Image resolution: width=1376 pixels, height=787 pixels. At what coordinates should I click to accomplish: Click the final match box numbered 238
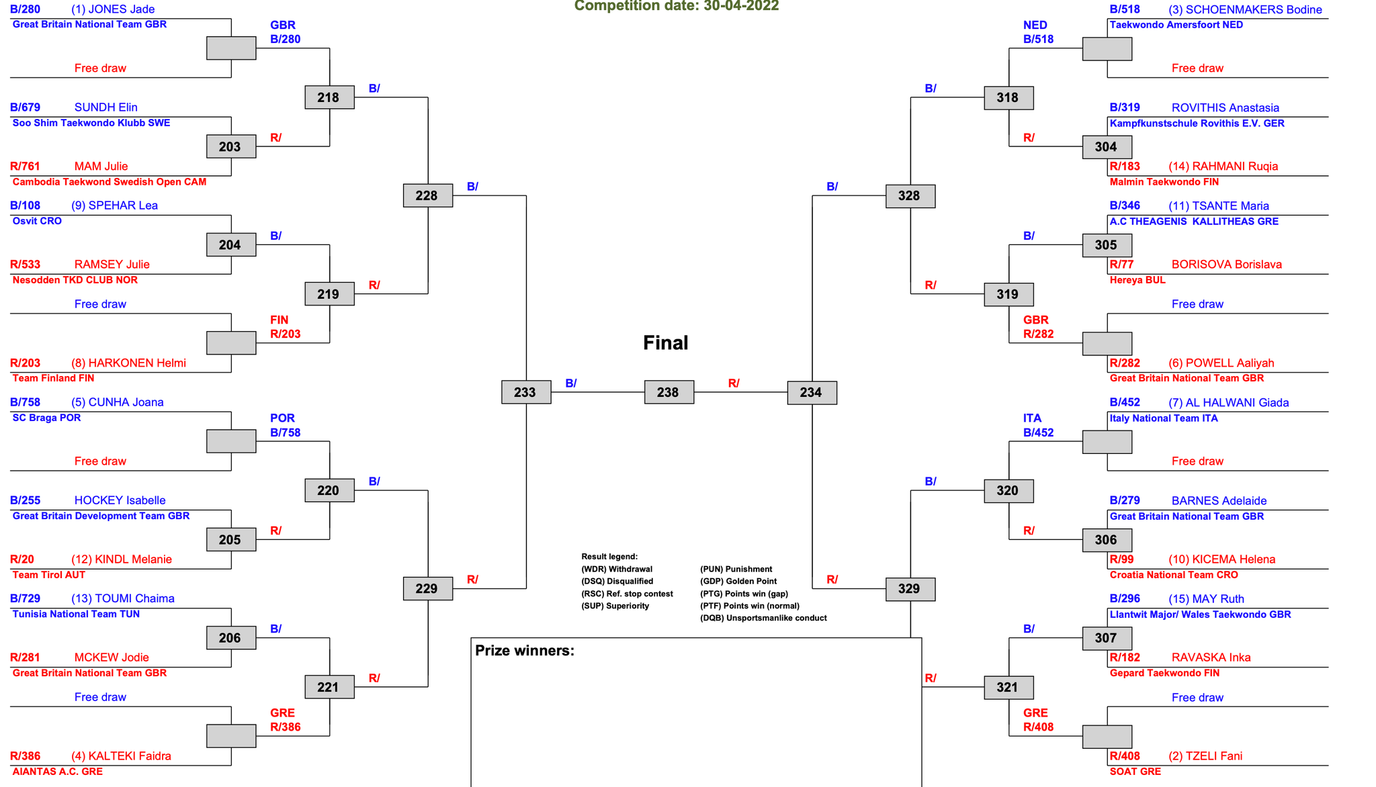click(669, 392)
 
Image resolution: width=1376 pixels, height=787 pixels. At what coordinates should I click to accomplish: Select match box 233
click(526, 392)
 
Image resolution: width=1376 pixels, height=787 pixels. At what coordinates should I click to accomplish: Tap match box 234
click(812, 392)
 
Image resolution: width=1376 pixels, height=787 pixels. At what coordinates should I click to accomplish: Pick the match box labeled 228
click(427, 195)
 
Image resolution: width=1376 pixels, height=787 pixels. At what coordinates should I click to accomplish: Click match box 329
click(910, 589)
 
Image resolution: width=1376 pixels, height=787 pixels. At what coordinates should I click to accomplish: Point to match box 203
click(231, 146)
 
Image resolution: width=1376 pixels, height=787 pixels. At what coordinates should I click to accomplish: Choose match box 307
click(1107, 638)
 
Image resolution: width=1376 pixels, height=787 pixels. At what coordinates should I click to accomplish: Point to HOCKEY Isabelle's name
click(120, 500)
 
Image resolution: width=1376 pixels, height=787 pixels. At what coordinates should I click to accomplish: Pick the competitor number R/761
click(26, 166)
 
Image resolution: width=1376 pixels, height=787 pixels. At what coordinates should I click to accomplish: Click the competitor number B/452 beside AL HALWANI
click(1125, 402)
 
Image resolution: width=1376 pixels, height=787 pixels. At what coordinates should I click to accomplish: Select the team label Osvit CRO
click(37, 221)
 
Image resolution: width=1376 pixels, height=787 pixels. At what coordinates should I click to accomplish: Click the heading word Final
click(665, 342)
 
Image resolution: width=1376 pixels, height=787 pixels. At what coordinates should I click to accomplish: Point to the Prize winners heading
click(525, 650)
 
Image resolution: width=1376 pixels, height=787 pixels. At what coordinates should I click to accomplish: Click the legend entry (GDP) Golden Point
click(738, 582)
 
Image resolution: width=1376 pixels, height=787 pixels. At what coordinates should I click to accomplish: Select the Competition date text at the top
click(677, 6)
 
